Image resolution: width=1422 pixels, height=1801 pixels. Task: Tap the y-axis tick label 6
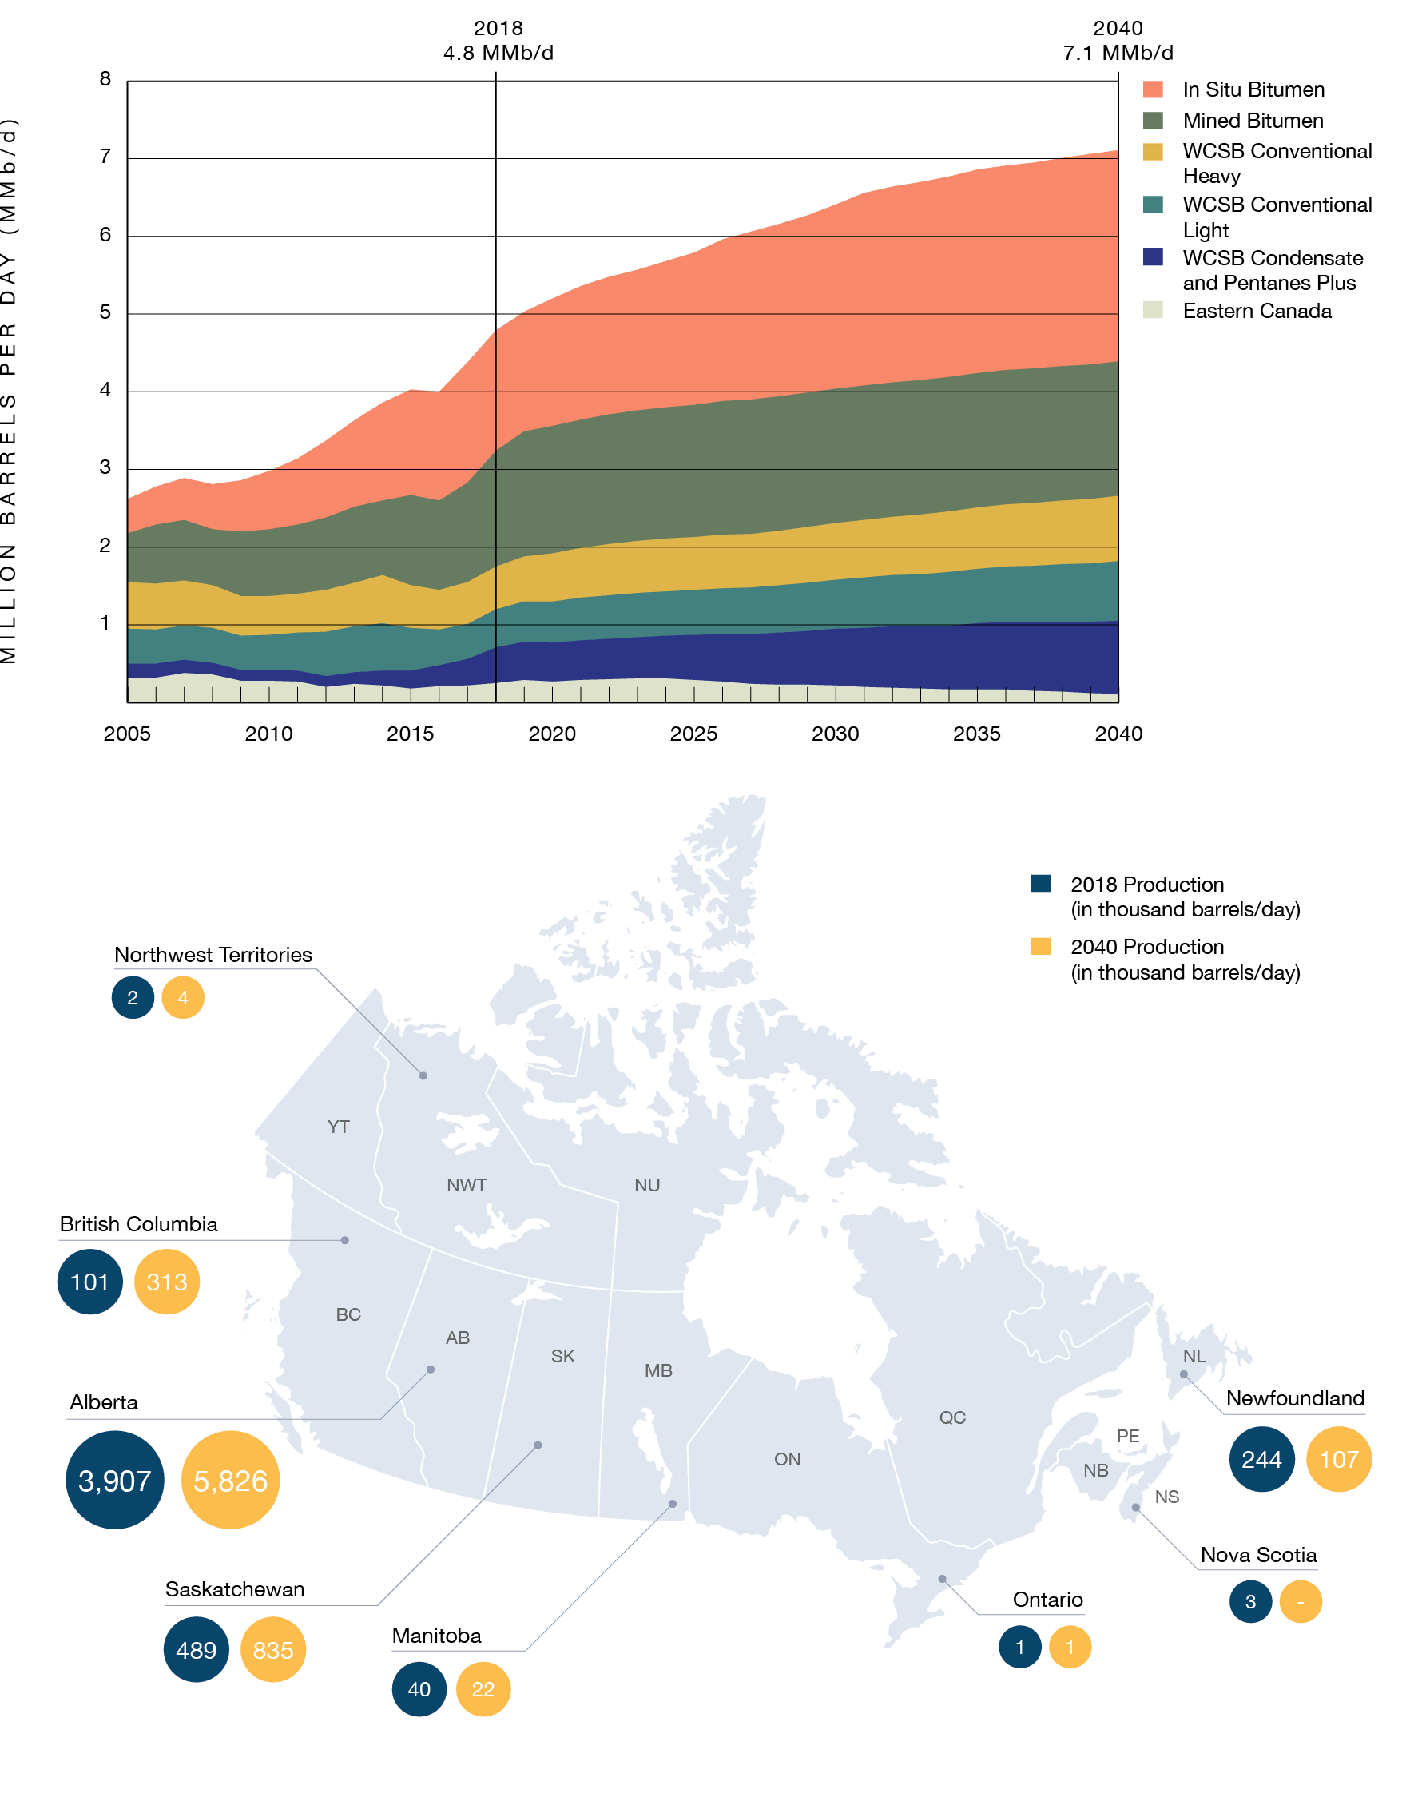pyautogui.click(x=105, y=234)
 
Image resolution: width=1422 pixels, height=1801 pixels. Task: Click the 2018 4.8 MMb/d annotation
pyautogui.click(x=498, y=41)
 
